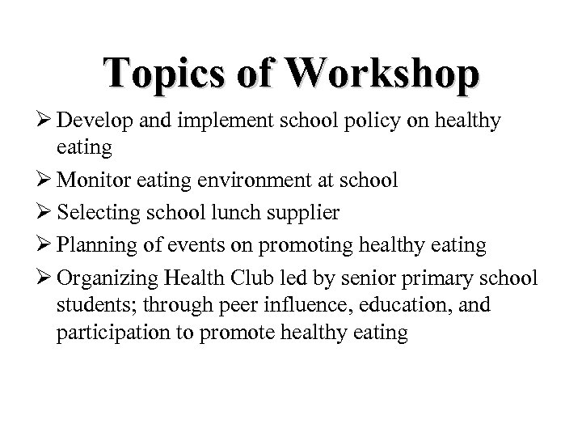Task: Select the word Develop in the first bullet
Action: point(95,121)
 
